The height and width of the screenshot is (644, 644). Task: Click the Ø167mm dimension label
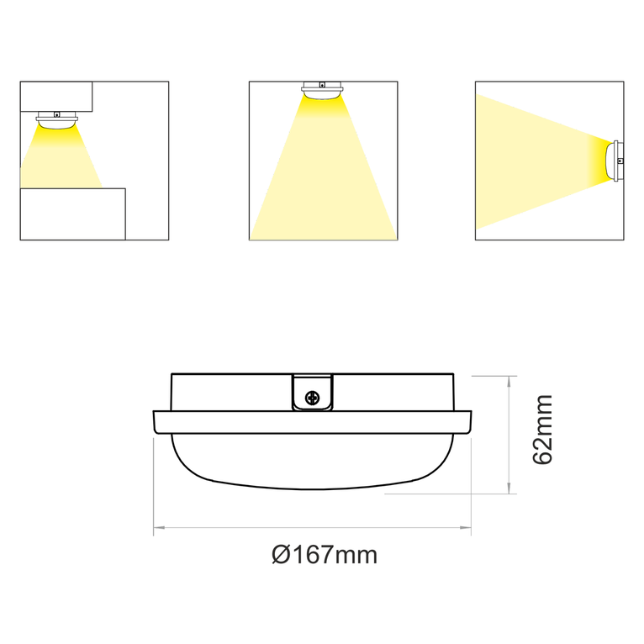coord(325,555)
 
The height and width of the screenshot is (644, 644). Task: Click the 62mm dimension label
coord(543,429)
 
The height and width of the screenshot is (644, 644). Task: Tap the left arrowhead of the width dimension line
coord(157,528)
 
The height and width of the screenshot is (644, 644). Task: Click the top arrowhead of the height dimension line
coord(509,381)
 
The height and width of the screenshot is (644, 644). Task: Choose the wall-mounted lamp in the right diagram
coord(615,160)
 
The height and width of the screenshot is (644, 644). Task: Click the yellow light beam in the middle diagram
coord(323,185)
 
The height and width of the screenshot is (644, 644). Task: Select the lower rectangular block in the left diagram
coord(72,214)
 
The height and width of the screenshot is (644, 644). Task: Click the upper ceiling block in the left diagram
coord(55,96)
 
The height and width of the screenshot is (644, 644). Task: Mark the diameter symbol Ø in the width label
coord(282,555)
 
